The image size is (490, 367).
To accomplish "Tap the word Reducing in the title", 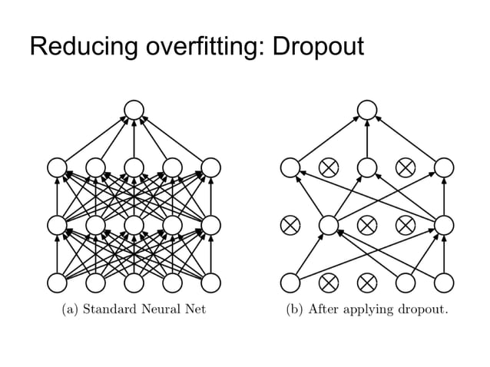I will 78,48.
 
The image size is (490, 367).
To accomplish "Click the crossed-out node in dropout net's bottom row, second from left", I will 329,283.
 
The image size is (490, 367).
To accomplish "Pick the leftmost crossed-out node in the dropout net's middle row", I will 290,225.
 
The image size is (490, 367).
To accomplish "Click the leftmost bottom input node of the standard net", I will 58,283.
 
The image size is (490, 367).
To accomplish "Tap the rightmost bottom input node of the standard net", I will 210,283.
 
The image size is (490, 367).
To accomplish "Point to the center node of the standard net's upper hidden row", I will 134,167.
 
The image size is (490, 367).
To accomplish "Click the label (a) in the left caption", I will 71,311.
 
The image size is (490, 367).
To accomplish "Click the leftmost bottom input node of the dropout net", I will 290,283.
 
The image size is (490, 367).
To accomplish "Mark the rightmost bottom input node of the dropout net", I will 444,283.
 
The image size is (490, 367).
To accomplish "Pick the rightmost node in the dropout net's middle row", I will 444,225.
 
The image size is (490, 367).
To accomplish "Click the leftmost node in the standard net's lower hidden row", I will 58,225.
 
